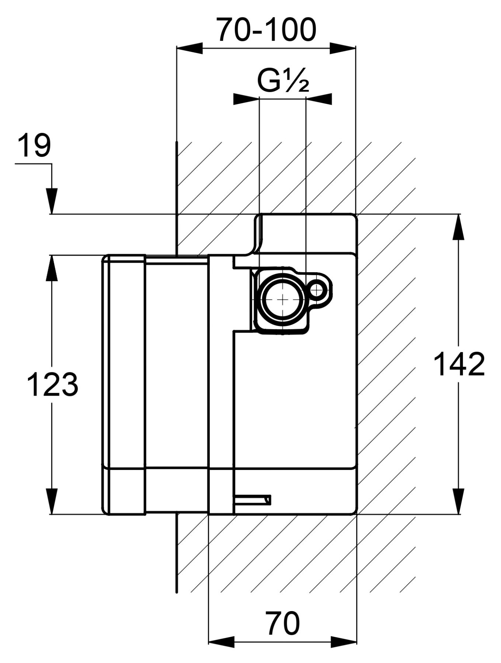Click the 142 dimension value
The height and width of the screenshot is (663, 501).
click(459, 364)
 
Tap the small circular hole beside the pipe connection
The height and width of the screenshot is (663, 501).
click(317, 290)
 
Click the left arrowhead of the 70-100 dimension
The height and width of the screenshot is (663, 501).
click(190, 48)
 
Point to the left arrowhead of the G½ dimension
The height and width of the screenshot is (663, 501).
click(246, 99)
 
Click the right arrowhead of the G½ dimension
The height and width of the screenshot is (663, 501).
click(319, 99)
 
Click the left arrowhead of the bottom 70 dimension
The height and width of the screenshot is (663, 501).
click(222, 642)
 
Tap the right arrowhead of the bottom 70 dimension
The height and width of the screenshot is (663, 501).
click(344, 642)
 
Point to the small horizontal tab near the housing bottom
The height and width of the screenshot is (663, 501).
click(253, 500)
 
